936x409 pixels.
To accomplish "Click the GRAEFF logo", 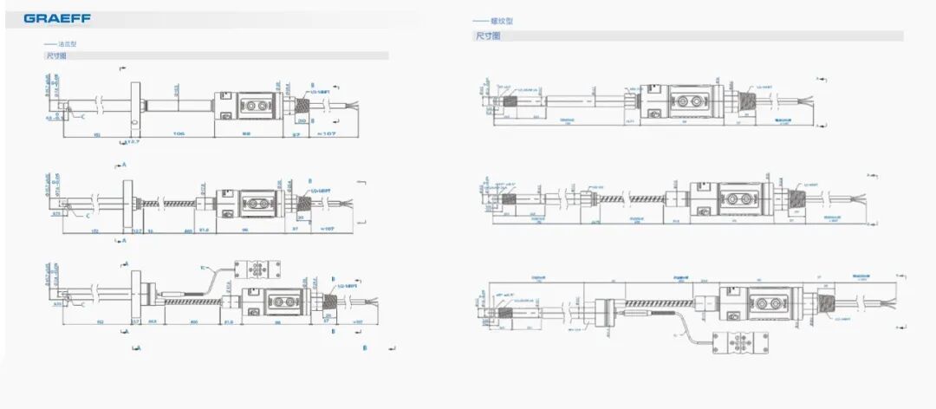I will pos(57,17).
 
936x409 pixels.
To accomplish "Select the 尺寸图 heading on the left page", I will pos(56,55).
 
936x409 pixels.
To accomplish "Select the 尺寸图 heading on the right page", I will pos(487,36).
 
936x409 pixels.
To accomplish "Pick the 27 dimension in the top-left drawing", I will pos(295,135).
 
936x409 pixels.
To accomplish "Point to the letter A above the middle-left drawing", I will pos(125,164).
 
